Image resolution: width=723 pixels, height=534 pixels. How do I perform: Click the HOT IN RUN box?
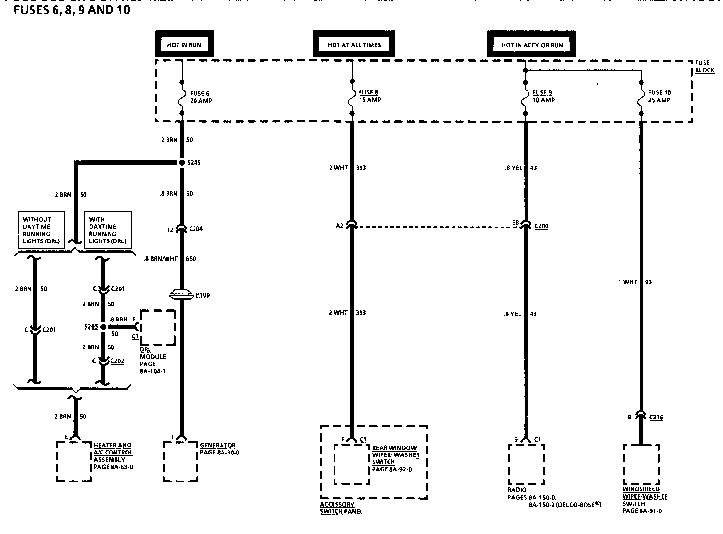pos(184,45)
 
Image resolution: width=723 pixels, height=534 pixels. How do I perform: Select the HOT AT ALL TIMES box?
pos(354,45)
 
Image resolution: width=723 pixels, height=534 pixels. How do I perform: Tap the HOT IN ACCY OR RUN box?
pos(531,45)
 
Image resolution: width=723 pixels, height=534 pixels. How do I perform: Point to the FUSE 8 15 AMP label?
pos(369,96)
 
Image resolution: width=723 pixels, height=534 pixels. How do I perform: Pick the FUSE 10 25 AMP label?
pos(659,96)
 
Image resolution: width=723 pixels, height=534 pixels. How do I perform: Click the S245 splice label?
pos(193,163)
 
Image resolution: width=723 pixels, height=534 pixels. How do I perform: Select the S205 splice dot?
pos(103,327)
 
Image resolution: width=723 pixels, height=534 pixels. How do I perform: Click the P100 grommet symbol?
pos(181,295)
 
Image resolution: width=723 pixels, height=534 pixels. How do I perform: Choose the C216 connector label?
pos(656,417)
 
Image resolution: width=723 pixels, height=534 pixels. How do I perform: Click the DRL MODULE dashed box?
pos(158,327)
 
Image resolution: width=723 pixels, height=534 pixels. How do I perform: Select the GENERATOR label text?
pos(218,446)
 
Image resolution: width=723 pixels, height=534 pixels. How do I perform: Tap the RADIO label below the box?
pos(517,490)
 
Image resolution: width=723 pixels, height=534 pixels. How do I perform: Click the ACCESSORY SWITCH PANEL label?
pos(341,508)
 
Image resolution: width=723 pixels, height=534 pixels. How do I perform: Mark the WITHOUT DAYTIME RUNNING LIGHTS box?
pos(41,231)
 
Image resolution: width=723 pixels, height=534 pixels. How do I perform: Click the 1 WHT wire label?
pos(627,282)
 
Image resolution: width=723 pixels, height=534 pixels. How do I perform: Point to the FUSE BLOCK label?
pos(704,67)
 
